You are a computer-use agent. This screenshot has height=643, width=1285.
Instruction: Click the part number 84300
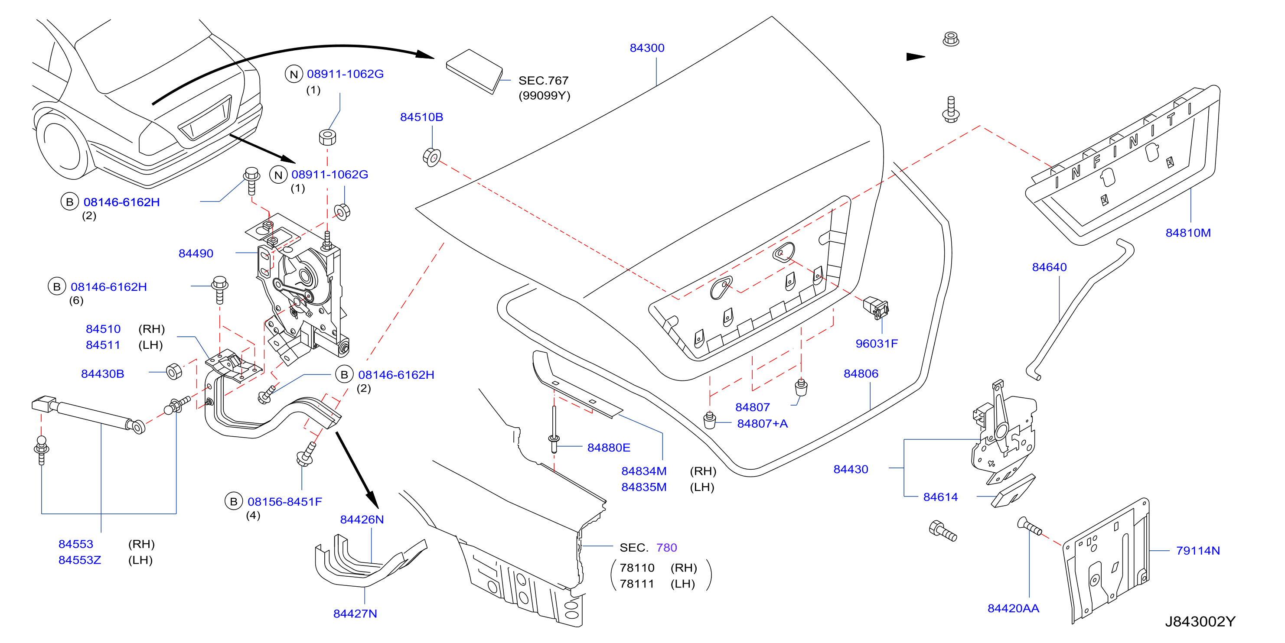point(647,48)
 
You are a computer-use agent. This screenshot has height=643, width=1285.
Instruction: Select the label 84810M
point(1188,233)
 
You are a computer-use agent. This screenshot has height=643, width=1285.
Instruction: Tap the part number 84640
point(1049,267)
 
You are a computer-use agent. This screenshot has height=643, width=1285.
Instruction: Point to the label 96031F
point(877,344)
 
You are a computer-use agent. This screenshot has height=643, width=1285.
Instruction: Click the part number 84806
point(861,373)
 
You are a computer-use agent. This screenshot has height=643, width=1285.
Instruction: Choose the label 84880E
point(609,448)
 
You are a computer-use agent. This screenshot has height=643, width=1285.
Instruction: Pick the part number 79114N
point(1198,551)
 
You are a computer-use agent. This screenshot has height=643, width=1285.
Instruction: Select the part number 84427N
point(355,614)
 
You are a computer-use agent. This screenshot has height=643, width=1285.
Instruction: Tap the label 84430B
point(102,374)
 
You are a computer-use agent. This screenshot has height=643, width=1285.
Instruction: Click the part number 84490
point(196,253)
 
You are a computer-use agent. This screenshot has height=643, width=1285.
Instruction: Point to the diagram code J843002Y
point(1200,622)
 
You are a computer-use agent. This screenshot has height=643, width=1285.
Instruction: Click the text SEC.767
point(543,80)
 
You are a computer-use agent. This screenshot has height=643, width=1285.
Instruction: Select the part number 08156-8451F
point(285,501)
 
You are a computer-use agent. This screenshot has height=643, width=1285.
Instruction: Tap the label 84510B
point(421,117)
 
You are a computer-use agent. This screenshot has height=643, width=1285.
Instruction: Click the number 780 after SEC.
point(666,547)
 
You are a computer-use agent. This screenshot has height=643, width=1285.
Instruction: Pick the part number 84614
point(940,497)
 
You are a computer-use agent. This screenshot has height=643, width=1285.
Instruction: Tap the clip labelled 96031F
point(875,308)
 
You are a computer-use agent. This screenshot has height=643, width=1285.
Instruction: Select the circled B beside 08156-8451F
point(233,501)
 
